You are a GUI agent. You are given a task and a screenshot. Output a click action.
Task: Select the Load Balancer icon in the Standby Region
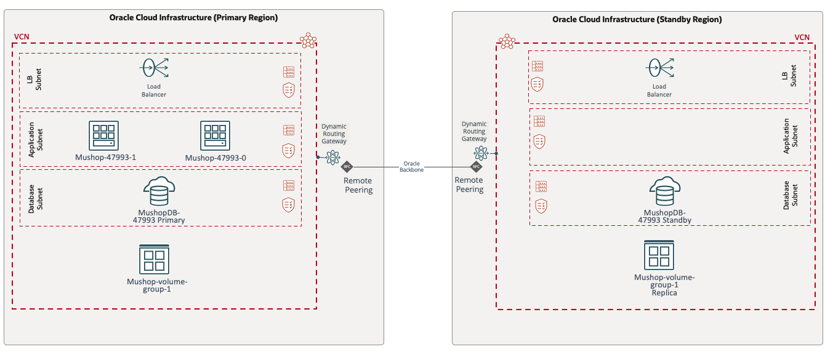(659, 67)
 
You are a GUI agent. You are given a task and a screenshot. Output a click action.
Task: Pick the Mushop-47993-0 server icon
(215, 135)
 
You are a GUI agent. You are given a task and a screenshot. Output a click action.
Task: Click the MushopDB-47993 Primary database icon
(158, 191)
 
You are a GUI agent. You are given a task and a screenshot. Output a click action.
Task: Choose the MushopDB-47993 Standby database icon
(664, 191)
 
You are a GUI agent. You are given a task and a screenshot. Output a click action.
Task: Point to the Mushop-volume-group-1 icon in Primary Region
(154, 258)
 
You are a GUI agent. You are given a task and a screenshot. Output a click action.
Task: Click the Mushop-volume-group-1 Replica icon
(659, 255)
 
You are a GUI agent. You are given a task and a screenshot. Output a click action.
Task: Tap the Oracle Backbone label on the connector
(411, 167)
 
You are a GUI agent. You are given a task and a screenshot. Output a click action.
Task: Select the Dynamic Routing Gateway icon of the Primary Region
(333, 158)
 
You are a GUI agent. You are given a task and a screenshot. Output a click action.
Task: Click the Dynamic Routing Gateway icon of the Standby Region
(481, 153)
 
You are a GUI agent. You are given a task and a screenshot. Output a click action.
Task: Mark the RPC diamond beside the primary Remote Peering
(347, 167)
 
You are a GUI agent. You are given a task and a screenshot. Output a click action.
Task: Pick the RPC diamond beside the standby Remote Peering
(475, 167)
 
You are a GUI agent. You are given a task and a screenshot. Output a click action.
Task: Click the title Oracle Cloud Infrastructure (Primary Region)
(193, 18)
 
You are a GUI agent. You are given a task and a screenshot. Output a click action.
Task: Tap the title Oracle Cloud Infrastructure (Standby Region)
(637, 19)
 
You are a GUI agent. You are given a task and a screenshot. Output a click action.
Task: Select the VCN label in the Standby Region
(802, 37)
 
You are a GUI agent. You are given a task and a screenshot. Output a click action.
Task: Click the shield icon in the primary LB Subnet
(288, 90)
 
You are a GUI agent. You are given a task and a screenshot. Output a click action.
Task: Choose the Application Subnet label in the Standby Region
(790, 137)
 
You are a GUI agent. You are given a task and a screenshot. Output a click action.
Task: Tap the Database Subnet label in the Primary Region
(36, 198)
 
